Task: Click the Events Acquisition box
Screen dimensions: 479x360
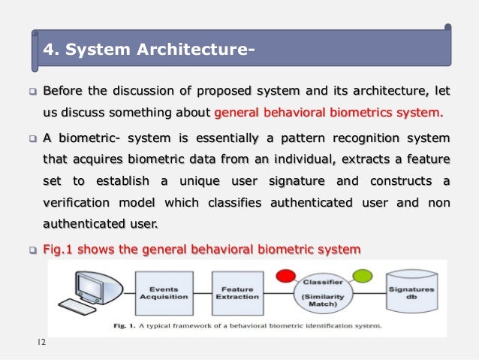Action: [164, 292]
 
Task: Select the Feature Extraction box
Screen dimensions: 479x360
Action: [236, 292]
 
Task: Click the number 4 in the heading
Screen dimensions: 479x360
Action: [50, 50]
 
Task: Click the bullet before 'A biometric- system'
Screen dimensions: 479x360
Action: [32, 140]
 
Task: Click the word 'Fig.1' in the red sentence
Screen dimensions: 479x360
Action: [60, 249]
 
